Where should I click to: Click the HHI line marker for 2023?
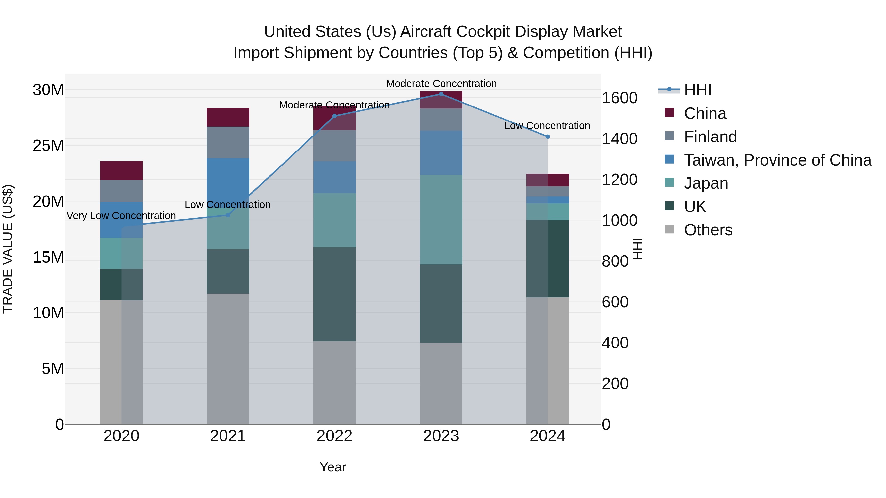(x=441, y=94)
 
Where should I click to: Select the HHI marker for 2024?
(x=548, y=137)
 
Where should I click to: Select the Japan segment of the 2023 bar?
(x=441, y=220)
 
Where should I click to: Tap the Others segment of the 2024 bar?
(x=548, y=361)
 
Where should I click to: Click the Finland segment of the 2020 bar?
(x=121, y=191)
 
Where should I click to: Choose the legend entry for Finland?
(x=710, y=137)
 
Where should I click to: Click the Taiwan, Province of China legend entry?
(x=777, y=160)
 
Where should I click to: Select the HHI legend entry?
(x=697, y=90)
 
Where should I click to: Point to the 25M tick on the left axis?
(x=48, y=146)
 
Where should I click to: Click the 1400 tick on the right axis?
(x=619, y=139)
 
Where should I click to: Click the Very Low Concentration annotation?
(x=121, y=216)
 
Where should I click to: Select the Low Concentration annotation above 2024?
(x=547, y=126)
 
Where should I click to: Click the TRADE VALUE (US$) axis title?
(x=8, y=249)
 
